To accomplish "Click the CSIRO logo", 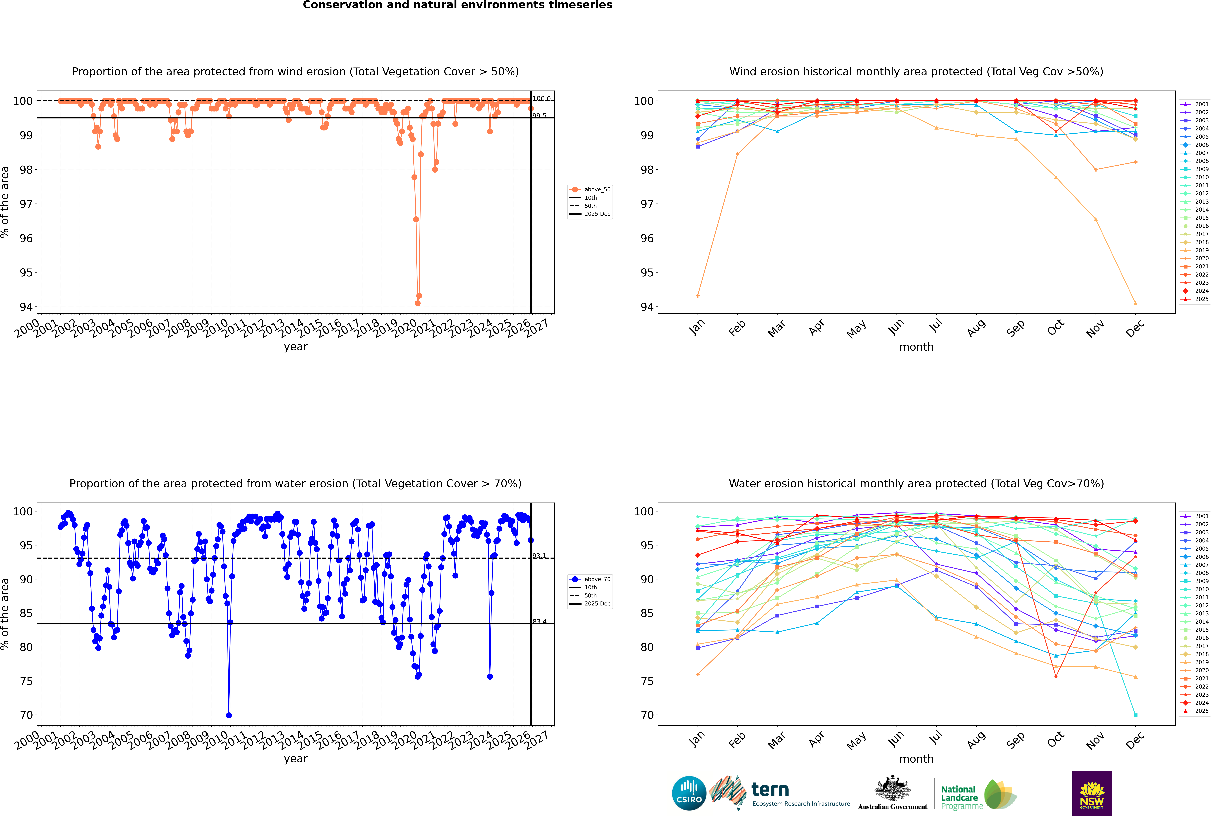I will click(689, 793).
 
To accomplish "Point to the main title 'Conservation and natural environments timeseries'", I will click(457, 5).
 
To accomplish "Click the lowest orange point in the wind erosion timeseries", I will click(418, 303).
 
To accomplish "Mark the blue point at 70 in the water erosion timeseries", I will click(229, 715).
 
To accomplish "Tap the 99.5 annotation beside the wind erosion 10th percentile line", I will click(539, 116).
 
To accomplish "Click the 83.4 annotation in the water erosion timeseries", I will click(539, 621).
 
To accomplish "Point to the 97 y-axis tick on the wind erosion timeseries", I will click(25, 204).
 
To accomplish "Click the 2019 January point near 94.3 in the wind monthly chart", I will click(698, 296).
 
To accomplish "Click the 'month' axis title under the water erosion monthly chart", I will click(916, 759).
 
